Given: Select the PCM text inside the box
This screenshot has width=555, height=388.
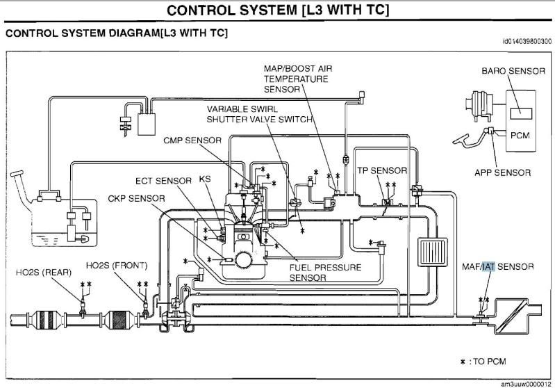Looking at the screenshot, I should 520,134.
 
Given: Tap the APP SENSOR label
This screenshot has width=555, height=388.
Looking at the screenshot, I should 503,172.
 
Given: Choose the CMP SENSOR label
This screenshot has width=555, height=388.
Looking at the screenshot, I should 192,140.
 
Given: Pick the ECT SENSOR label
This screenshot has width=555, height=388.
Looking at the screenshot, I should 163,181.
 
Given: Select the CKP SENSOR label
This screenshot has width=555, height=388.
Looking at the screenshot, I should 136,198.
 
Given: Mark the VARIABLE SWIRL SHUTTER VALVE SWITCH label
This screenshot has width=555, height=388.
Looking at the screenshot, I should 259,114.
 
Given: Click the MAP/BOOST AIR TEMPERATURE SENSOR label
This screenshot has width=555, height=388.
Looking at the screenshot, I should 301,79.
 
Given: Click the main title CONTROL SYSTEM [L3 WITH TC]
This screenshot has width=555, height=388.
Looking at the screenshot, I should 278,10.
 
